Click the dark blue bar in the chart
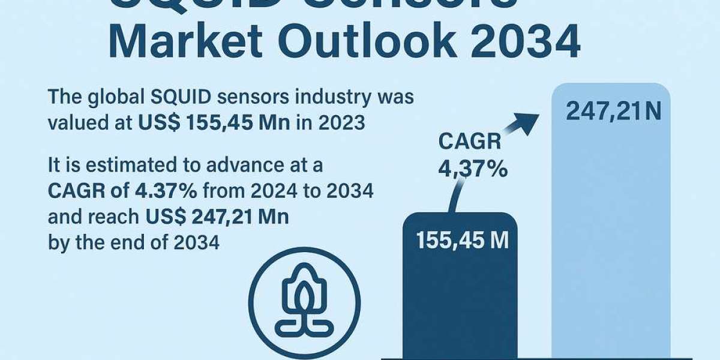click(459, 300)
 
